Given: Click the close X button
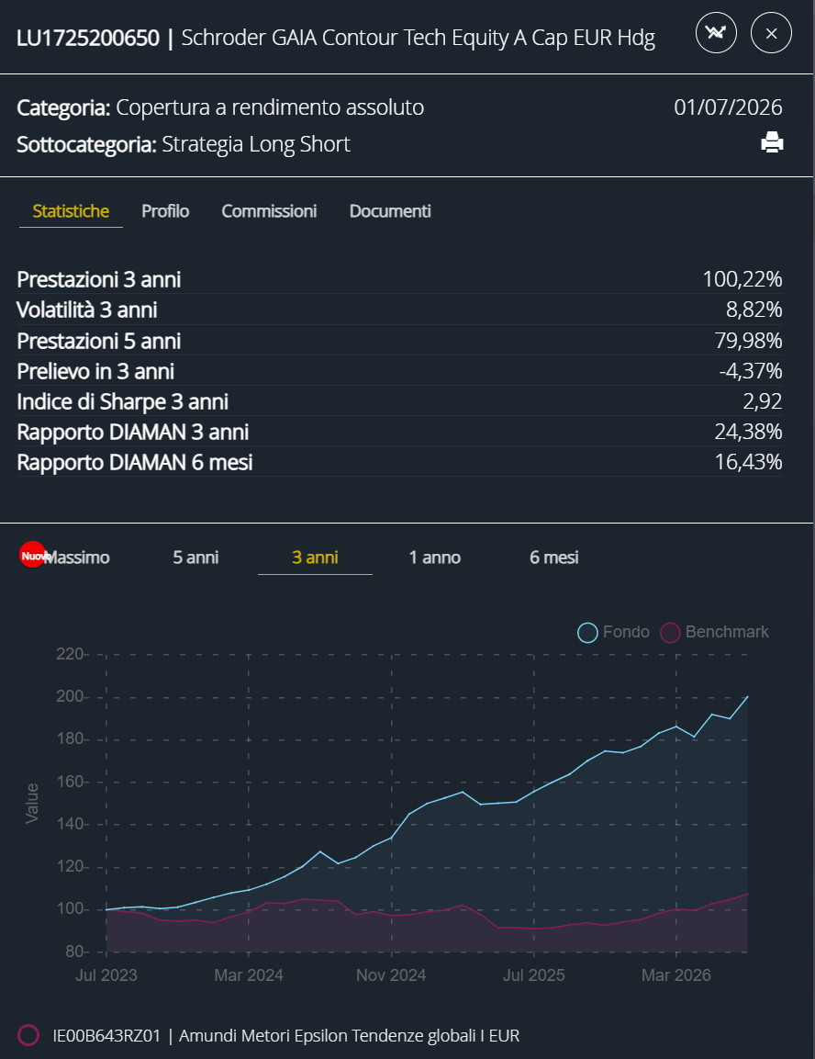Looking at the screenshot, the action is tap(771, 32).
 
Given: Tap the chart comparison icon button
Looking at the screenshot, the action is tap(716, 32).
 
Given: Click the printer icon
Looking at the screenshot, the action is tap(772, 142).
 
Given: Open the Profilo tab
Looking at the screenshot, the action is tap(165, 211).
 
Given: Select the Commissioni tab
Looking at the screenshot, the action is tap(269, 211).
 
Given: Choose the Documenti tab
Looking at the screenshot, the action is tap(390, 211).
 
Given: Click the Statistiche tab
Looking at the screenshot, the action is tap(71, 211).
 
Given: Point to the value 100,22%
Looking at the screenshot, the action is tap(742, 279).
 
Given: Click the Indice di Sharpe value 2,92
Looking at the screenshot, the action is tap(763, 401).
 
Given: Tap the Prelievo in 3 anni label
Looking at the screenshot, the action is tap(95, 371).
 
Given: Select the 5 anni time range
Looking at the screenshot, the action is tap(195, 558).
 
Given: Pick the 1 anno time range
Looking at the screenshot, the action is tap(434, 558).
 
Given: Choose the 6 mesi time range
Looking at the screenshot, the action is tap(554, 558).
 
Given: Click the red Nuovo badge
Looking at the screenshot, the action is tap(32, 555).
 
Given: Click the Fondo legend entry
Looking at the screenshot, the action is tap(613, 632).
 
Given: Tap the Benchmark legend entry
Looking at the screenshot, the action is tap(714, 632).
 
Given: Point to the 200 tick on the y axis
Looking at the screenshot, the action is tap(70, 696).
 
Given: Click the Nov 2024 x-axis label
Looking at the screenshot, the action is tap(391, 975).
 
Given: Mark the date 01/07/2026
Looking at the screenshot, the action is tap(728, 107).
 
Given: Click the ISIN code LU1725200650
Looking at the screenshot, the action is tap(88, 38).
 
